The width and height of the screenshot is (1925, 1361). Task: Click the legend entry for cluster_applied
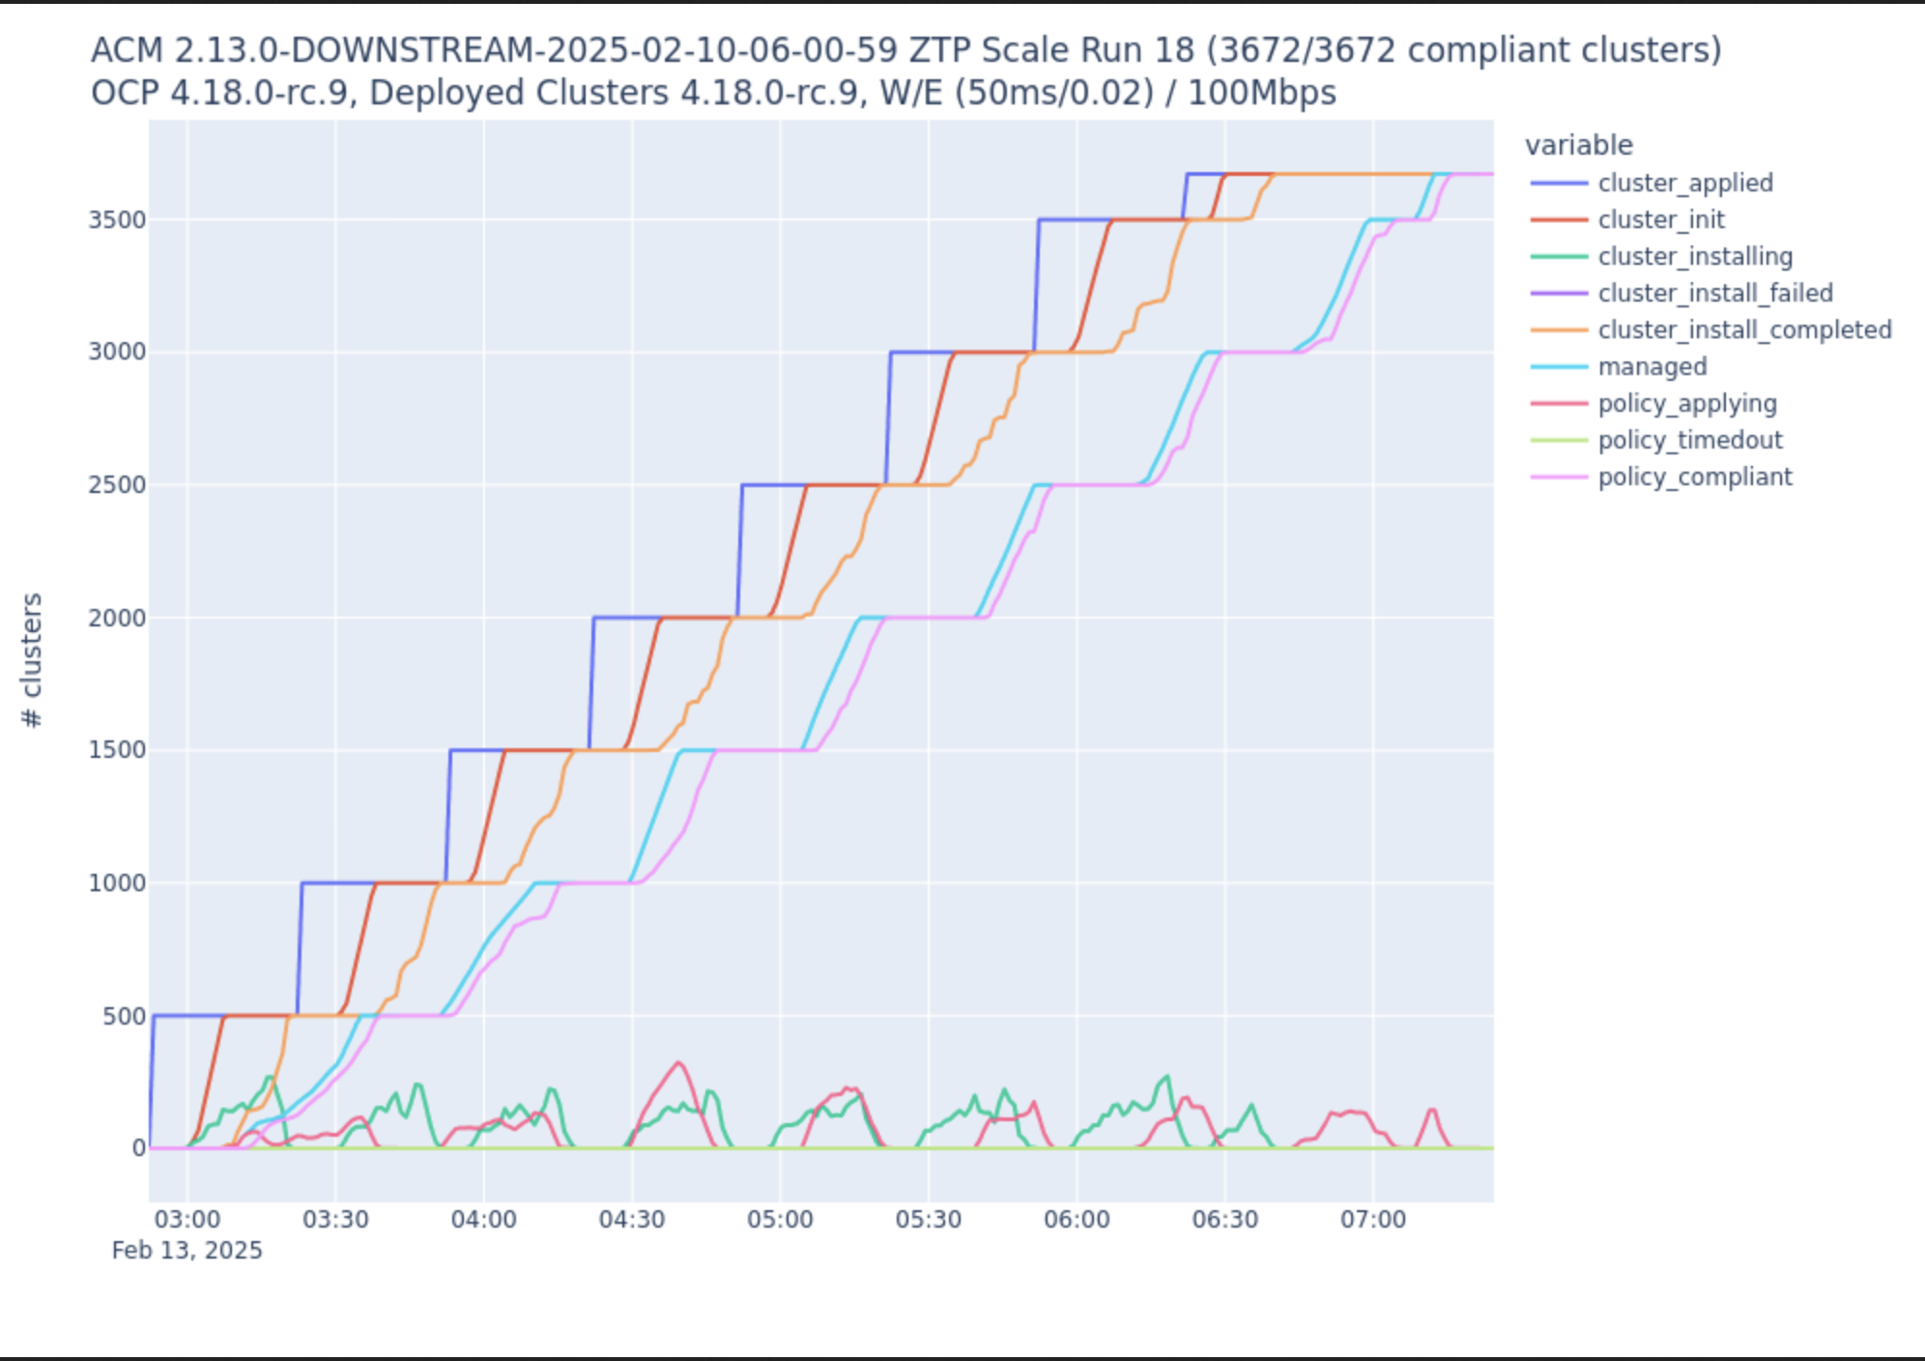click(x=1684, y=183)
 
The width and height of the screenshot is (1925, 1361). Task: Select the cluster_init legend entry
click(x=1660, y=219)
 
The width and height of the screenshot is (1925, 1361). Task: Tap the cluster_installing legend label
click(x=1695, y=256)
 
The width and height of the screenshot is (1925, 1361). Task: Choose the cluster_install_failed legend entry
click(x=1714, y=293)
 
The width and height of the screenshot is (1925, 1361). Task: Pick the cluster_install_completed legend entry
click(x=1744, y=330)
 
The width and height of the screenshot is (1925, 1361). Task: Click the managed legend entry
click(x=1652, y=366)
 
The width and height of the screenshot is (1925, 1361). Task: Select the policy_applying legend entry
click(x=1686, y=403)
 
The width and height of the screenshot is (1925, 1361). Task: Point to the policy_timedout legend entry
click(x=1689, y=440)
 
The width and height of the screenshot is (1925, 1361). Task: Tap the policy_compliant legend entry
click(x=1694, y=477)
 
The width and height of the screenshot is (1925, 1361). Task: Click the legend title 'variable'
click(x=1578, y=145)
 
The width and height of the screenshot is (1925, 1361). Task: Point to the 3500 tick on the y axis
click(x=117, y=219)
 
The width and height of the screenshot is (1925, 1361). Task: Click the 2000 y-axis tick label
click(x=117, y=618)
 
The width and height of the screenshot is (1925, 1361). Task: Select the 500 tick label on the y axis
click(x=124, y=1016)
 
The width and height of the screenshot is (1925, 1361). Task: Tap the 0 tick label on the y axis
click(x=138, y=1148)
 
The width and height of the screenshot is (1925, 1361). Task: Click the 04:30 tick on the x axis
click(x=632, y=1219)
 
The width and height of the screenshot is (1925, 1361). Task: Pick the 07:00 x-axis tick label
click(x=1372, y=1219)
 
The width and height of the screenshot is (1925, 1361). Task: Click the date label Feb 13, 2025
click(x=187, y=1250)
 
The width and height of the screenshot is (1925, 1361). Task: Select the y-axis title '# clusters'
click(x=32, y=659)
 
